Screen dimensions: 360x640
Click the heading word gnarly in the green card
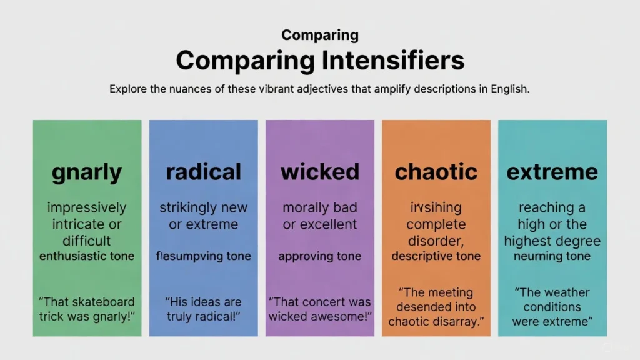click(87, 172)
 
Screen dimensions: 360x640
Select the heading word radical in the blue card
click(203, 172)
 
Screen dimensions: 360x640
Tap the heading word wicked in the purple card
click(319, 172)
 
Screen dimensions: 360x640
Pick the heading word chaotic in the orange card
click(436, 172)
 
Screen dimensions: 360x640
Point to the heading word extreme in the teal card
click(552, 172)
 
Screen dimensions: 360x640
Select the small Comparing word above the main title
click(319, 35)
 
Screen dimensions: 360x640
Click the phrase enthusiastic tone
click(87, 256)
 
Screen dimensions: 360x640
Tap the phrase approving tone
click(319, 256)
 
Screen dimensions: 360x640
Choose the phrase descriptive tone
click(436, 256)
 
